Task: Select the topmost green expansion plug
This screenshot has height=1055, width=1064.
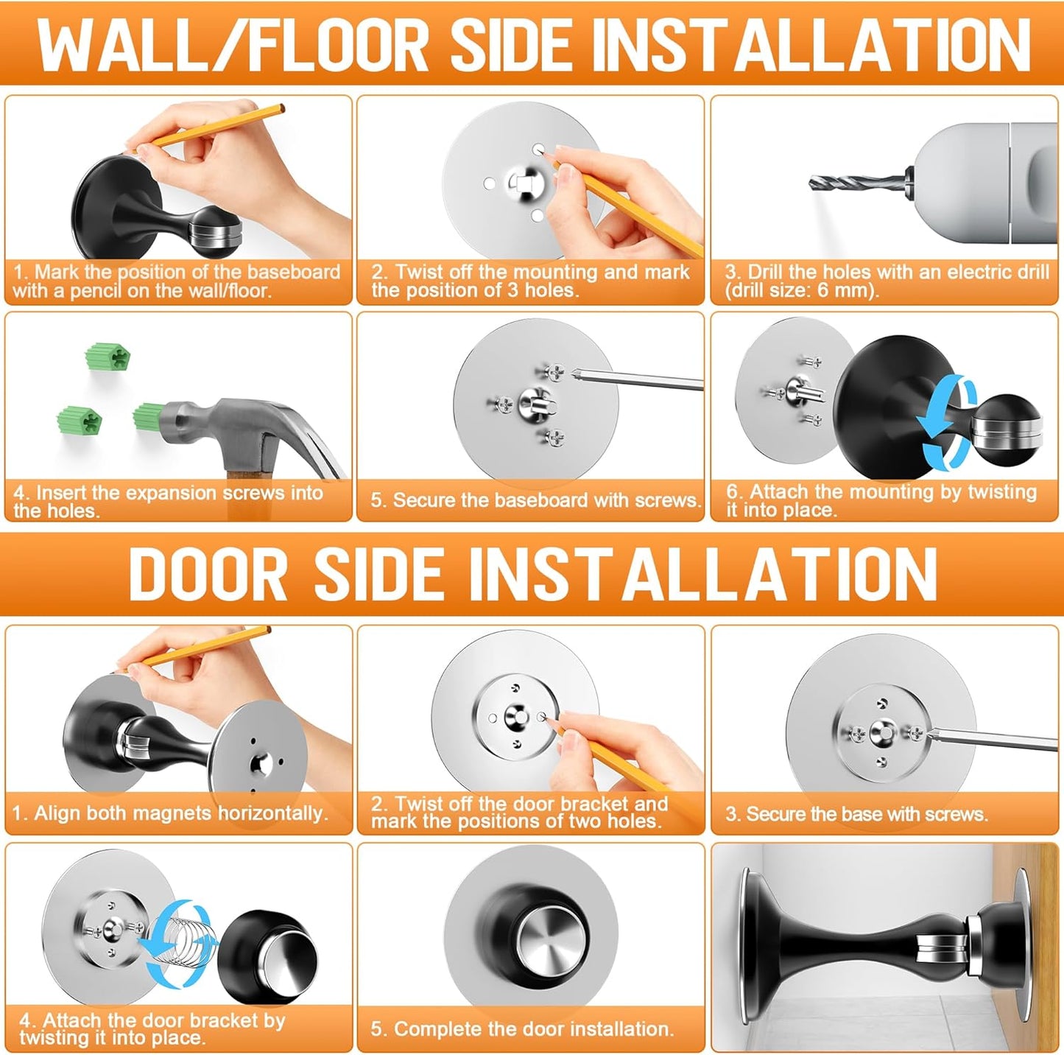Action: pos(108,357)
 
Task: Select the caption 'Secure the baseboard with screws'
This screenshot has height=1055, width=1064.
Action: pos(535,501)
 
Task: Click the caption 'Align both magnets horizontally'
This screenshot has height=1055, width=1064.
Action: pos(170,813)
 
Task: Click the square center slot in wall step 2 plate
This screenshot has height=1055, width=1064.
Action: pos(526,181)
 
